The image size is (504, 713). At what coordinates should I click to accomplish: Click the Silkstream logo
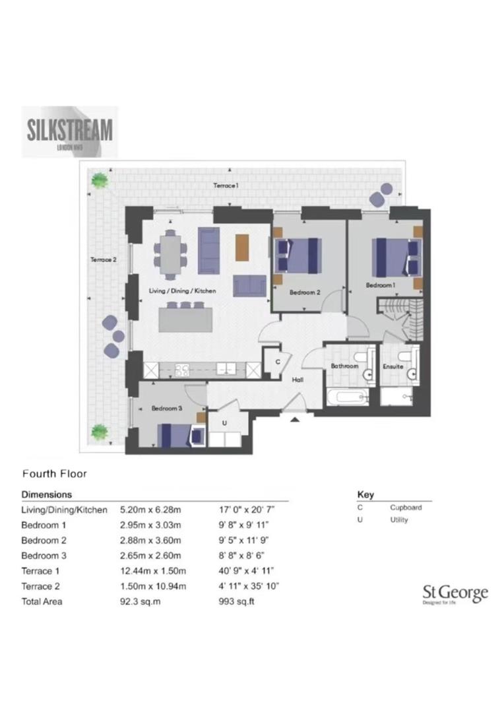70,131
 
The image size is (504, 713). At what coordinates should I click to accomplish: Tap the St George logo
455,594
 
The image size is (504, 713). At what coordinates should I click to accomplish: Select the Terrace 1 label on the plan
226,186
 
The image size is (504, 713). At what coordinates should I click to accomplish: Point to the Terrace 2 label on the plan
104,260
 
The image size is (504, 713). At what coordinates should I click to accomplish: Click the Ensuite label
393,366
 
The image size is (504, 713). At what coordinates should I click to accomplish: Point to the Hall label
298,380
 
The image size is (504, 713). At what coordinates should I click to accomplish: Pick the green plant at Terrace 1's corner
100,180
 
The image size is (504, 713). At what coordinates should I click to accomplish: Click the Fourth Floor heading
55,473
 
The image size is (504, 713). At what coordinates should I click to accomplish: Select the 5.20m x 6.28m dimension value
150,510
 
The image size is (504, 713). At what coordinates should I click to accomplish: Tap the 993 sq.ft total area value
235,601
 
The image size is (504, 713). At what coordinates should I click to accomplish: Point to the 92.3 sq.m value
142,601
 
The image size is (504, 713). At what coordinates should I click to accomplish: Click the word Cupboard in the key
406,508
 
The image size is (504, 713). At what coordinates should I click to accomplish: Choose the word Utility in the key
399,520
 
